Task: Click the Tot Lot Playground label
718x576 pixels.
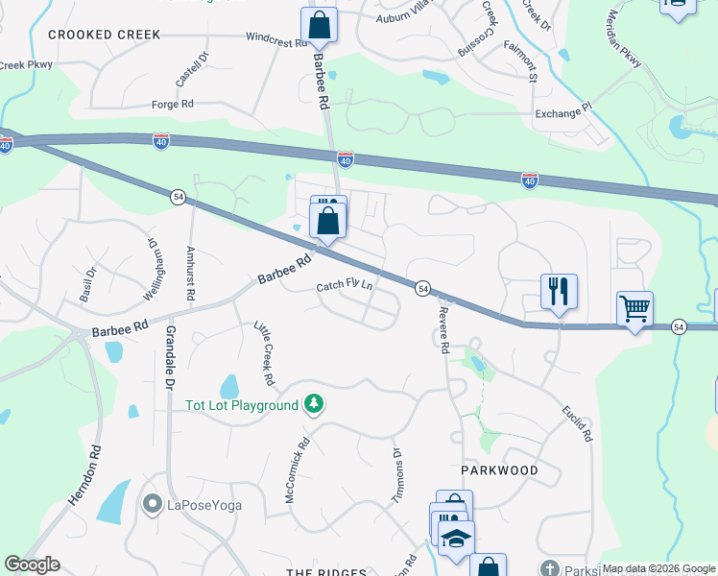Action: (242, 405)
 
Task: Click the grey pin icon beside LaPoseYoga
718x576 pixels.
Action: (151, 504)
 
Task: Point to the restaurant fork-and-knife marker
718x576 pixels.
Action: (559, 290)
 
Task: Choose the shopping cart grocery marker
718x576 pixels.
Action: (634, 309)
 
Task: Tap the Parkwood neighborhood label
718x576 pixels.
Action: (499, 471)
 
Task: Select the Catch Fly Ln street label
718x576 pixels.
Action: (345, 287)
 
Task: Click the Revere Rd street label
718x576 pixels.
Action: (442, 332)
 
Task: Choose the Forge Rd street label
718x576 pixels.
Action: (173, 104)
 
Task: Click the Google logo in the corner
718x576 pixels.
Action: (32, 564)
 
